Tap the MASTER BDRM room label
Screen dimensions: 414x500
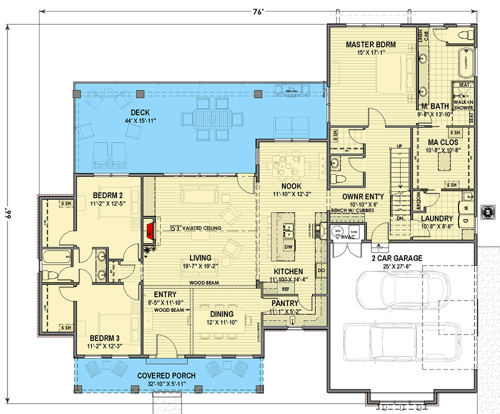pyautogui.click(x=370, y=44)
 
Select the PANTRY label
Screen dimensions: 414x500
pyautogui.click(x=285, y=303)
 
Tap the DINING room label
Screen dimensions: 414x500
pyautogui.click(x=221, y=314)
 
